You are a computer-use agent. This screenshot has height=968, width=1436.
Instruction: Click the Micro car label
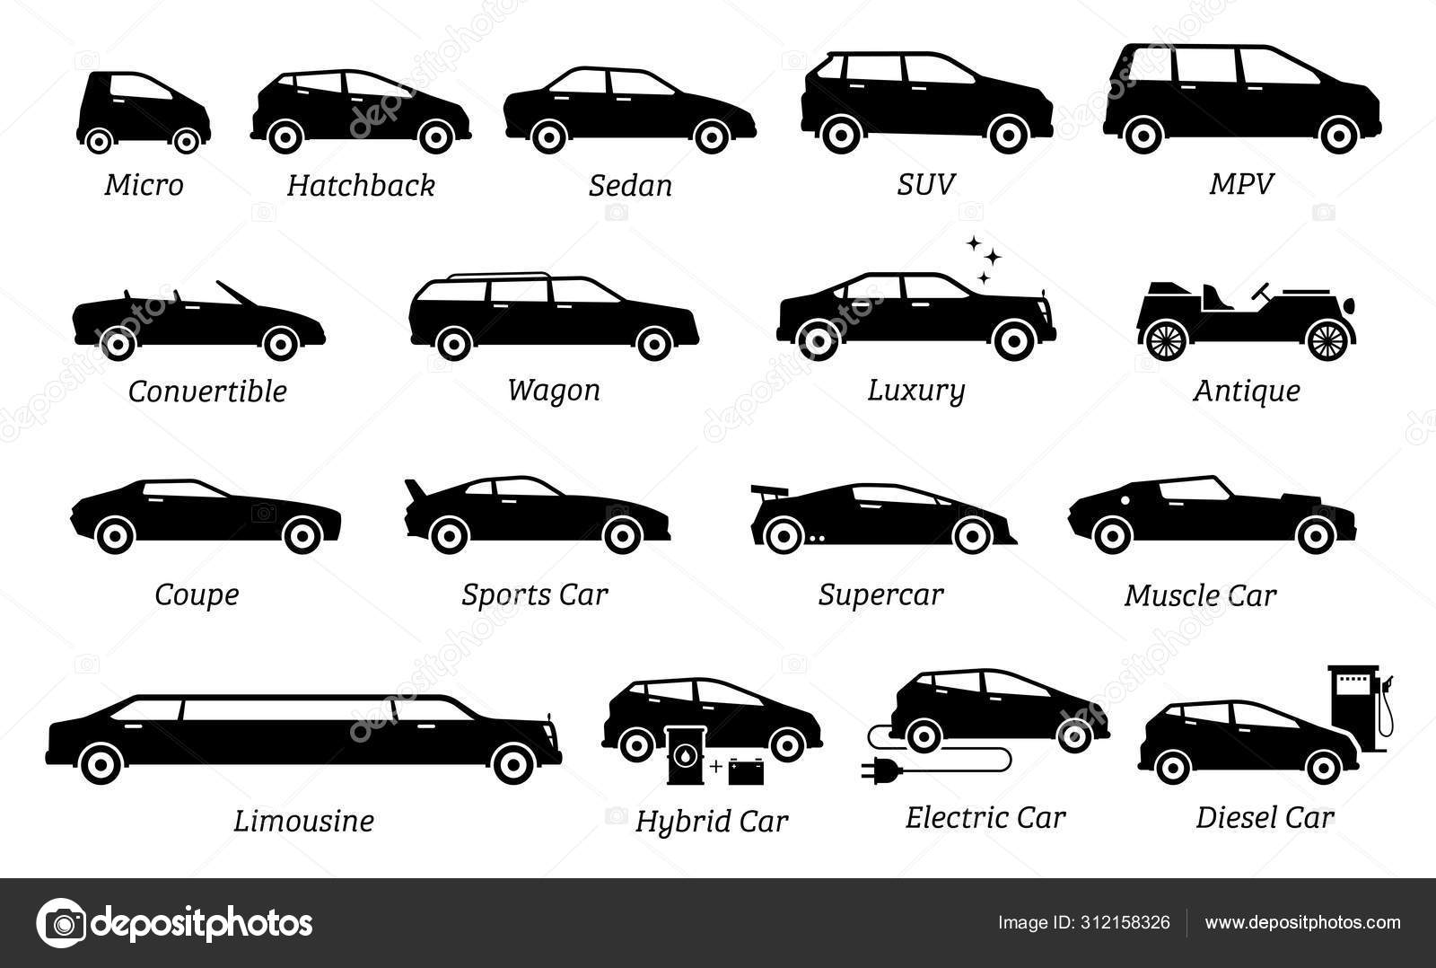tap(144, 185)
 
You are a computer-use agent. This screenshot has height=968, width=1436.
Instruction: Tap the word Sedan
tap(631, 186)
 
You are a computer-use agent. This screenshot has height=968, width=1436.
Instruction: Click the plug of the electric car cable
tap(876, 770)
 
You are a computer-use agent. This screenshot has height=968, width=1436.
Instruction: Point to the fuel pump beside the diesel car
tap(1358, 708)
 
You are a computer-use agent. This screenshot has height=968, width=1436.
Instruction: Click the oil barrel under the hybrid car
tap(686, 756)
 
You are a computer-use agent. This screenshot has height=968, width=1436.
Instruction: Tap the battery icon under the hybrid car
tap(746, 771)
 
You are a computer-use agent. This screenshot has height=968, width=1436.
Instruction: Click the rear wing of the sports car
tap(416, 491)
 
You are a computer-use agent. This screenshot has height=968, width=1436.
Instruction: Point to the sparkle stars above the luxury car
tap(985, 260)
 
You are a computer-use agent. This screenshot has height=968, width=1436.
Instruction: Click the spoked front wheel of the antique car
tap(1328, 340)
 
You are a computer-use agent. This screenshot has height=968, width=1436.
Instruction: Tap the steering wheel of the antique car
tap(1260, 291)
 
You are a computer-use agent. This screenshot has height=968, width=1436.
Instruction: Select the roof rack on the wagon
tap(499, 276)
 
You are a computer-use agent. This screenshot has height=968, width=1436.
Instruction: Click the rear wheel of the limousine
tap(100, 764)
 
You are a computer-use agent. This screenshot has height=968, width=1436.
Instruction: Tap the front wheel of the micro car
tap(187, 140)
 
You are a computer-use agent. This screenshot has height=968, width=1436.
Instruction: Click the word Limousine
tap(303, 821)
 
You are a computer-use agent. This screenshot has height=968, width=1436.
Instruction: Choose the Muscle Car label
tap(1200, 596)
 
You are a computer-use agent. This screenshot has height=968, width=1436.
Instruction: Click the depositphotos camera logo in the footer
tap(61, 923)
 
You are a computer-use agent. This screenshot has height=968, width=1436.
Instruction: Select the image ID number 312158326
tap(1125, 922)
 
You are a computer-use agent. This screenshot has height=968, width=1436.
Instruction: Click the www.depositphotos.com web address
tap(1302, 923)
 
